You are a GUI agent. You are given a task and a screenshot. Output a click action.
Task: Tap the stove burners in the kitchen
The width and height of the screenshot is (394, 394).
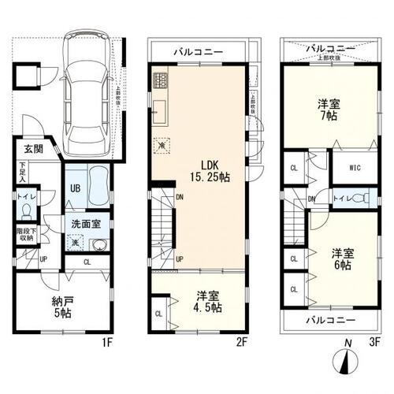coord(161,80)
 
